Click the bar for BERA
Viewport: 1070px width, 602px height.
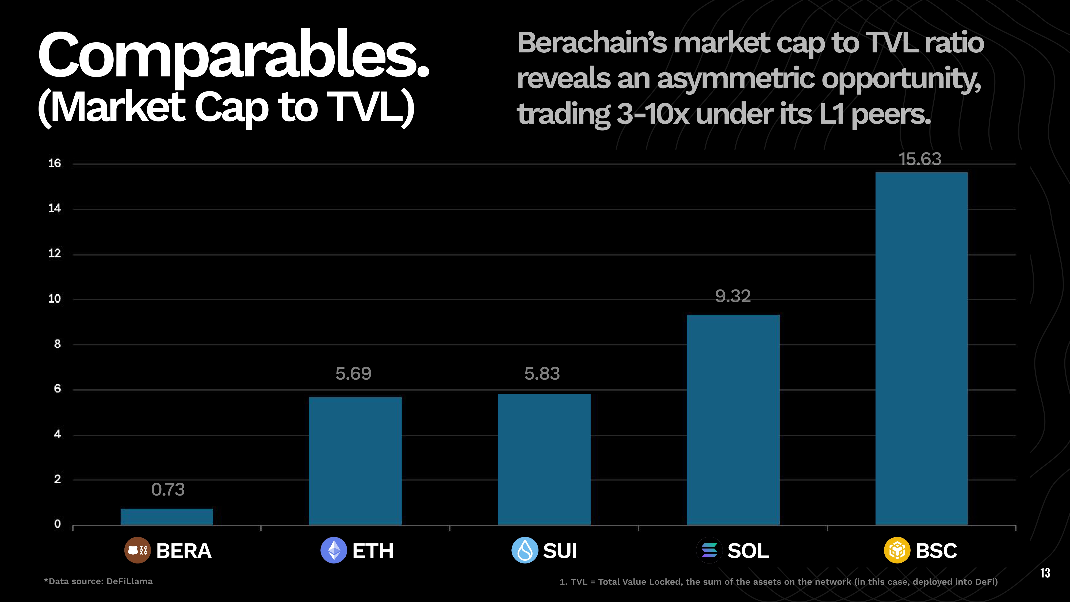tap(167, 516)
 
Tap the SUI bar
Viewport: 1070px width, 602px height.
tap(544, 459)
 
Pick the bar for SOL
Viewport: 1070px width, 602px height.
tap(733, 420)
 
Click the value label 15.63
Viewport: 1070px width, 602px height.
tap(920, 159)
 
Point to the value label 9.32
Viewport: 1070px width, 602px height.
tap(733, 296)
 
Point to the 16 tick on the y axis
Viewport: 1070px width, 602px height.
tap(54, 164)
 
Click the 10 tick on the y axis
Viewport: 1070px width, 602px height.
tap(54, 299)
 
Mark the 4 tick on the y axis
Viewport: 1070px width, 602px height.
tap(57, 434)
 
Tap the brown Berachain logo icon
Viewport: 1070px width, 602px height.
tap(137, 550)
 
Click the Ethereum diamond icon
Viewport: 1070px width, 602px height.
tap(334, 550)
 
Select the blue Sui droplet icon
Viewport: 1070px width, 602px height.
tap(525, 550)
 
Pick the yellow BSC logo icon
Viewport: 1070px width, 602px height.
tap(897, 550)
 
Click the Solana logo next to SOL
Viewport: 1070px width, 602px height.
tap(709, 550)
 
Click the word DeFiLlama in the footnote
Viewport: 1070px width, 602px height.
tap(129, 581)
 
